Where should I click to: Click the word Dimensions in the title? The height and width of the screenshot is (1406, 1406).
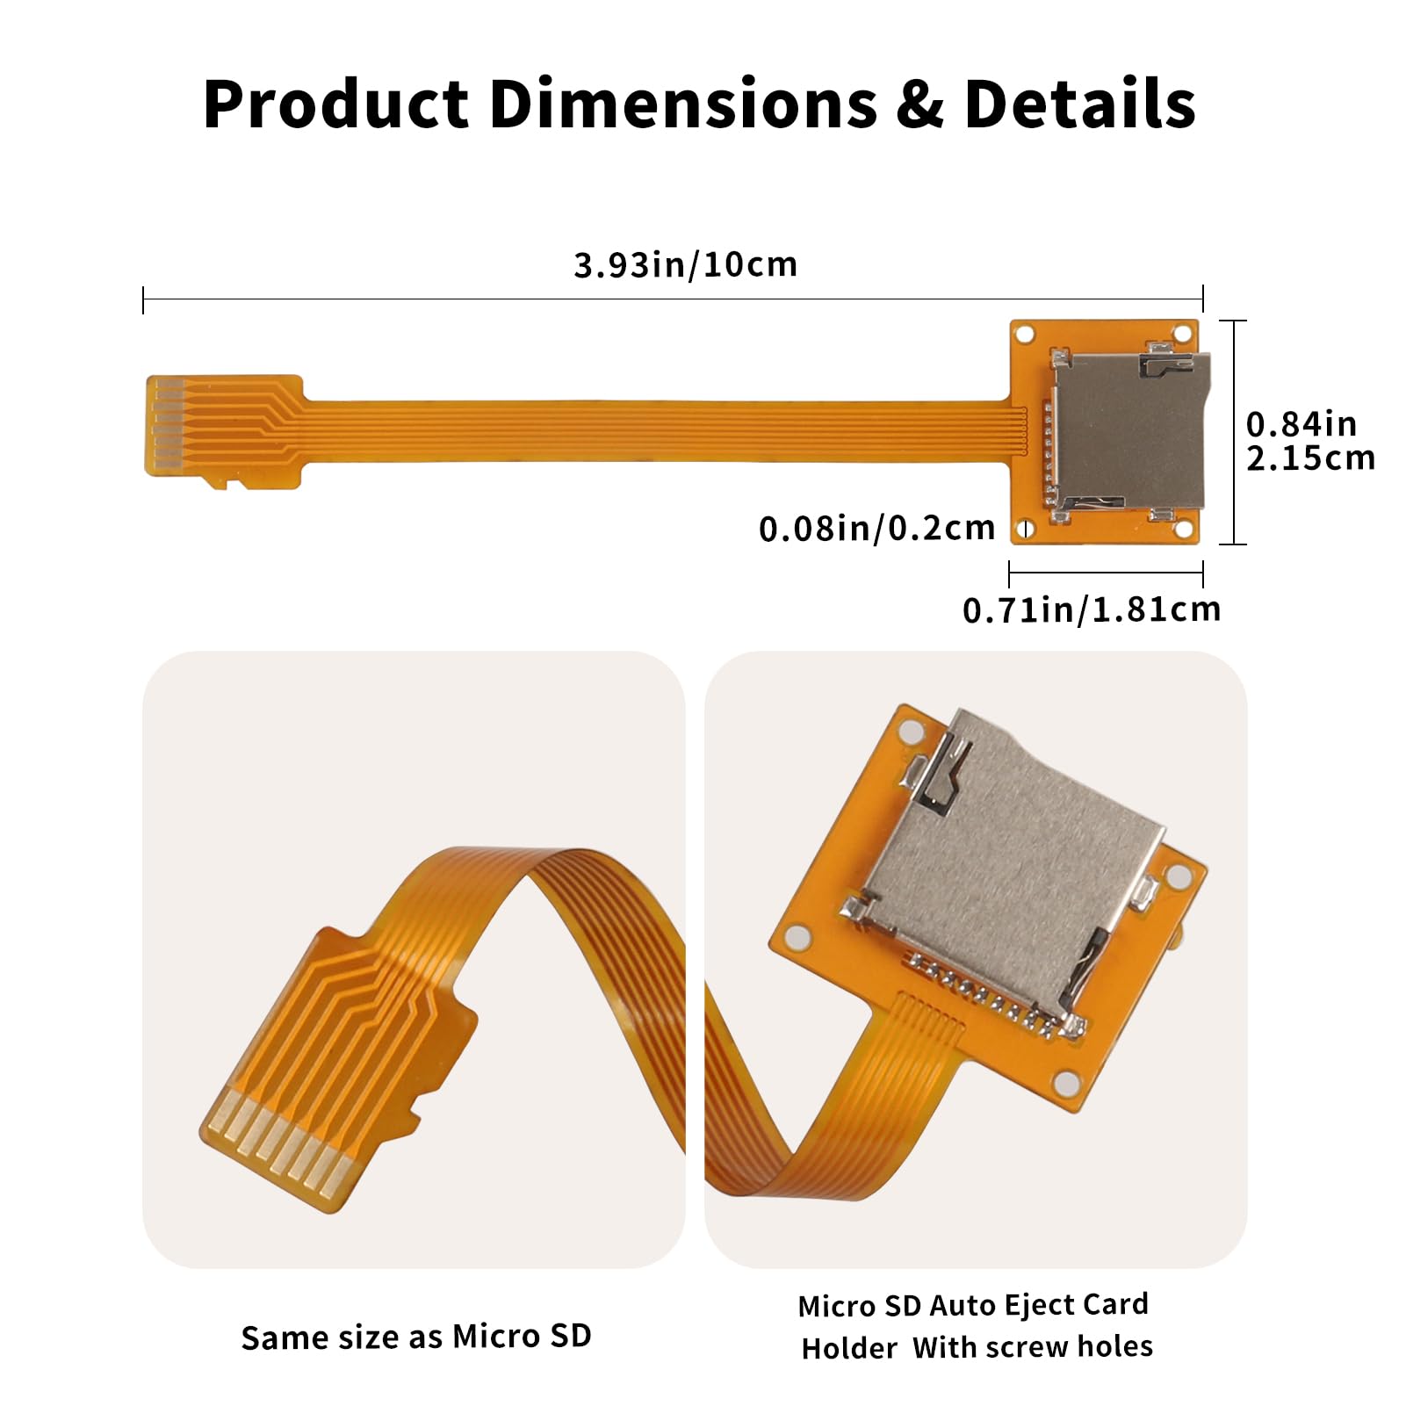682,105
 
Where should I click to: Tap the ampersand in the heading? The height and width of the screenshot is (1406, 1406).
919,105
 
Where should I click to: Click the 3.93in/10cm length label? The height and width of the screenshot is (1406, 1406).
685,264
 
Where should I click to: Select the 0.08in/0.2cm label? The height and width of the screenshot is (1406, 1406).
876,528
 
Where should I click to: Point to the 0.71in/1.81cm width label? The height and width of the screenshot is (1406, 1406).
1092,609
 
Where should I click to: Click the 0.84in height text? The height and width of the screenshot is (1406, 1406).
1301,424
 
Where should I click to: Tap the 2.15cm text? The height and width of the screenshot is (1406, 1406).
1309,458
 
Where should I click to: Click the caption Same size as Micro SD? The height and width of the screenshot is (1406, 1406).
416,1336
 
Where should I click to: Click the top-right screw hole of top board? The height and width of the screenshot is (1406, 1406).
1182,335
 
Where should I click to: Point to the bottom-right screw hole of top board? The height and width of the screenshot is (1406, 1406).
1182,530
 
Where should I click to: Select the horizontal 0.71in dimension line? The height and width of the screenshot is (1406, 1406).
1106,573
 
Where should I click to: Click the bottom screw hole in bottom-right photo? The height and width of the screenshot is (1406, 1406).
1066,1082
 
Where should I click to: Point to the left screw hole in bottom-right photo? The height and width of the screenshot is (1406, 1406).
796,937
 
